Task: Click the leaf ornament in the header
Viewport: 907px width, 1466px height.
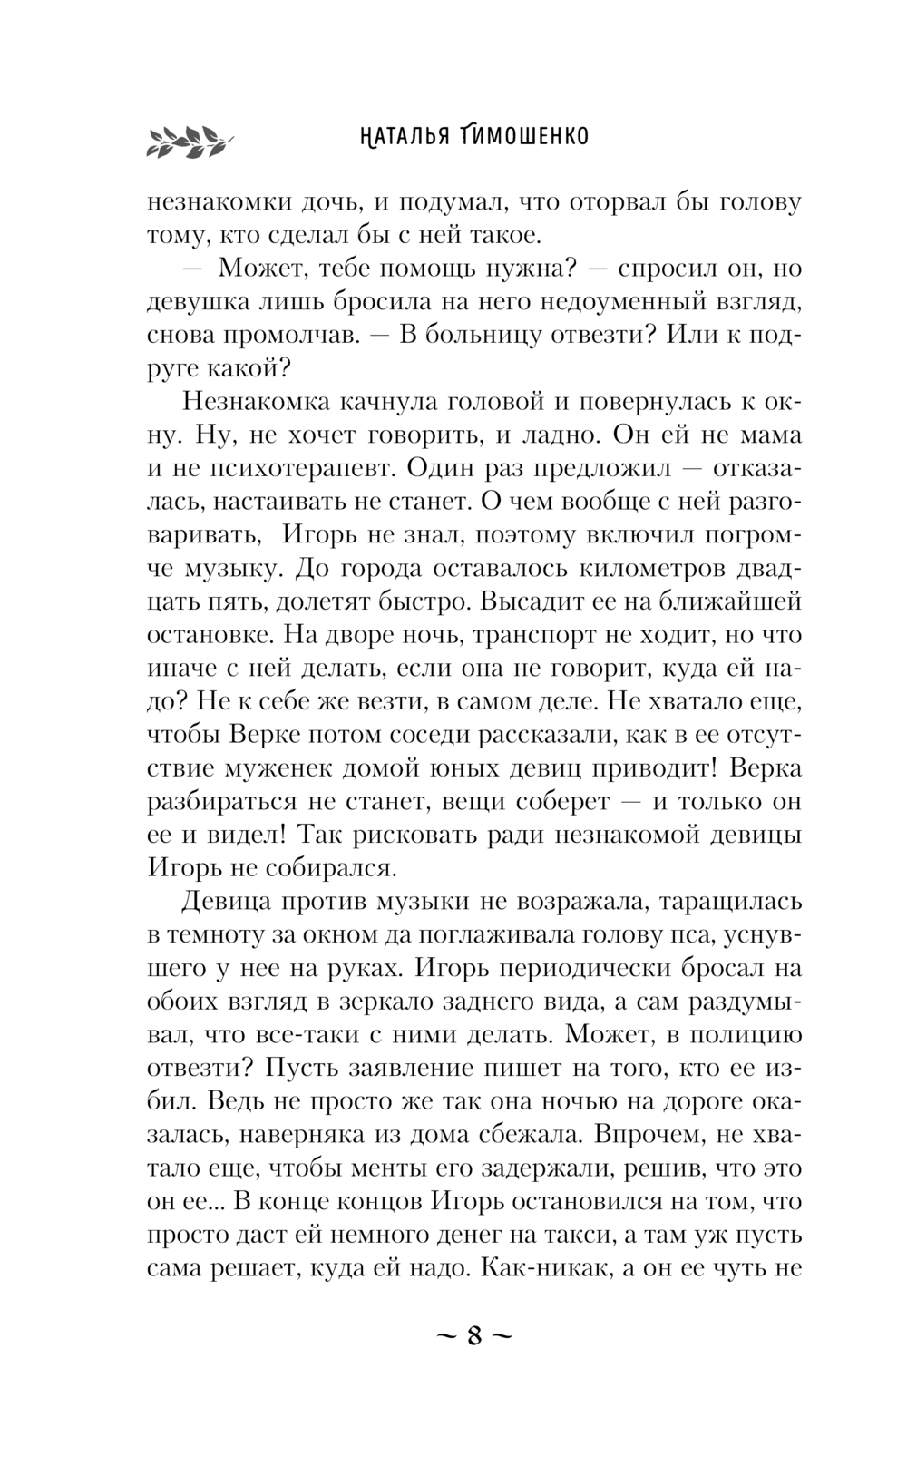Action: [x=190, y=139]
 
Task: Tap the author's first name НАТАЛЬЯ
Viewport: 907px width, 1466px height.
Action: [x=398, y=137]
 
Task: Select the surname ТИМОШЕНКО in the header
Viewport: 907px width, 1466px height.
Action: [x=520, y=137]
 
